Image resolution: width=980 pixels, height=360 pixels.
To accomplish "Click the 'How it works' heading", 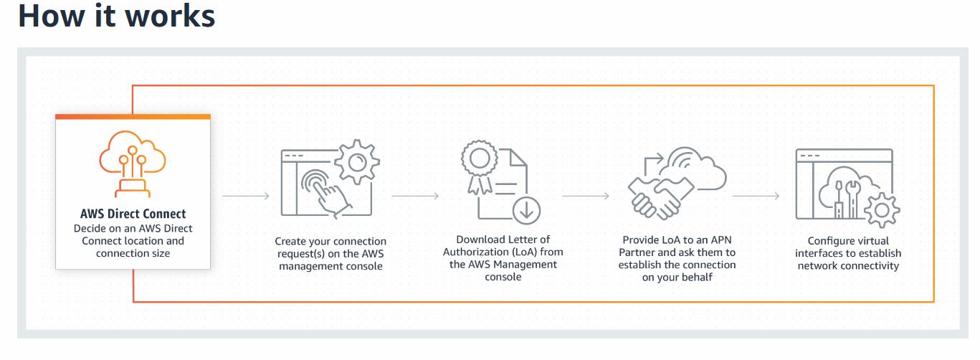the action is [116, 16].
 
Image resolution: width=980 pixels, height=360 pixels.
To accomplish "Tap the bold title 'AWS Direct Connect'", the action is [133, 214].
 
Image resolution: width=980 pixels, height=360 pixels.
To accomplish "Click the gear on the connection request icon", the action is [357, 162].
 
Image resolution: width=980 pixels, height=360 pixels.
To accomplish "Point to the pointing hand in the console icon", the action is [328, 194].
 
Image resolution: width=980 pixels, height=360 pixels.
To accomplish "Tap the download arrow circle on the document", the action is [526, 211].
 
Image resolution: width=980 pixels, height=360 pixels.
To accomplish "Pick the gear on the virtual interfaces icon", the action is [882, 210].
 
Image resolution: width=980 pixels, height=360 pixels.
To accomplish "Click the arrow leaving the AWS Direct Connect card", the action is [245, 196].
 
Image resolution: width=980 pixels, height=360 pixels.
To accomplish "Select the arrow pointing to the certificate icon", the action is [415, 196].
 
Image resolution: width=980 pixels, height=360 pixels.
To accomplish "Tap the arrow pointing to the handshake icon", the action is [586, 196].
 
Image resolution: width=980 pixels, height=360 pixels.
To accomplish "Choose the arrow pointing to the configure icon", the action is [756, 196].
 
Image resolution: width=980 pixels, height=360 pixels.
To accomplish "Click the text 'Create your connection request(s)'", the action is [330, 247].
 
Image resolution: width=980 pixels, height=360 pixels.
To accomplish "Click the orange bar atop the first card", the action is [133, 117].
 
